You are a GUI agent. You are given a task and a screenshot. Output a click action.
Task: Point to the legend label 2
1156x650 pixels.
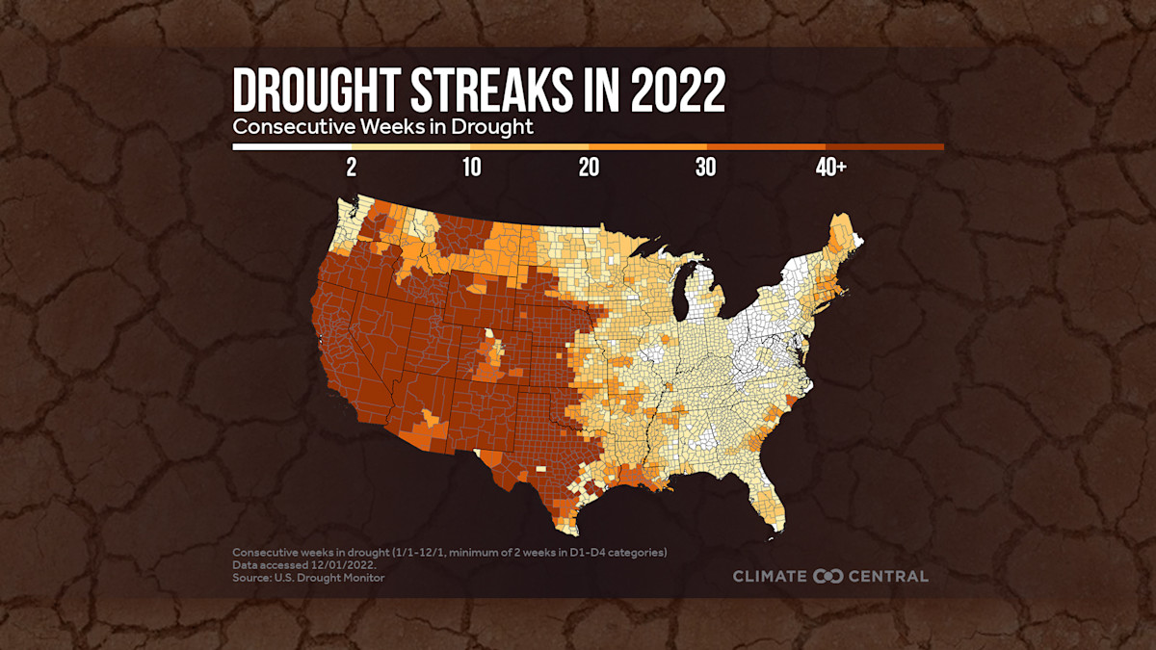coord(352,168)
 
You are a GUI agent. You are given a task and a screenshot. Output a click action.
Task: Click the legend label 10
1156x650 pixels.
coord(471,168)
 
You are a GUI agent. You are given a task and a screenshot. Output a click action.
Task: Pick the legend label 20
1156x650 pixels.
coord(589,168)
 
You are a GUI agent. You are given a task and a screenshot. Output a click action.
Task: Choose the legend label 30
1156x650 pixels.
coord(706,168)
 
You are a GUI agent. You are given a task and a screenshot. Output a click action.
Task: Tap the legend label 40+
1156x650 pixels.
coord(830,168)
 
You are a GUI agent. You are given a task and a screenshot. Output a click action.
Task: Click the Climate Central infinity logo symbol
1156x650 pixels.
coord(828,576)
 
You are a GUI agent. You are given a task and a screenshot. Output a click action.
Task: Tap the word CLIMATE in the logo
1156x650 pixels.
coord(771,576)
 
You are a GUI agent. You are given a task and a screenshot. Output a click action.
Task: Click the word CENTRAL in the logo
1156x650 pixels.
coord(888,576)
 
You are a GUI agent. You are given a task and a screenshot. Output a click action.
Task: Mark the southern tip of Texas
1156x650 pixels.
coord(566,529)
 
